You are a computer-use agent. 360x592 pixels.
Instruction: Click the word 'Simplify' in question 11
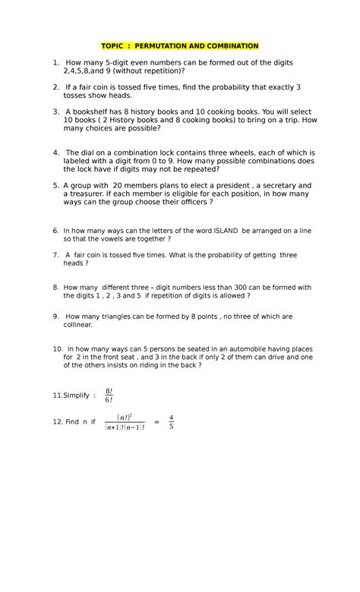(x=72, y=395)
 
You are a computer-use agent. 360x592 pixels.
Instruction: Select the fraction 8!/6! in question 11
(x=109, y=395)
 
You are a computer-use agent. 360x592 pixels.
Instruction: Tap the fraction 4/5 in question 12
(x=171, y=421)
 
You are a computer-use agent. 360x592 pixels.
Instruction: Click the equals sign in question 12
(x=156, y=421)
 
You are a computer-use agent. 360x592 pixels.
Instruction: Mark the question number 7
(x=55, y=254)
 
